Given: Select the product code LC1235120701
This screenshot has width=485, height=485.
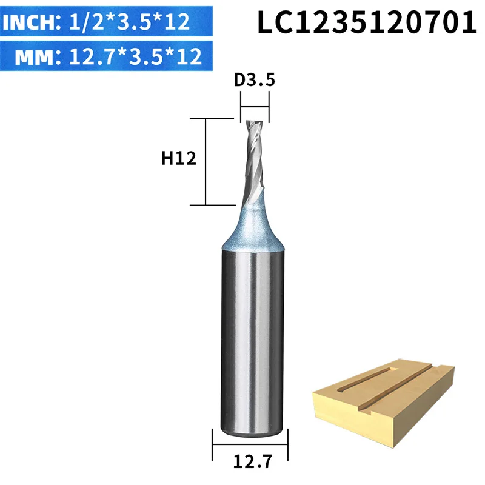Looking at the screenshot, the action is tap(367, 22).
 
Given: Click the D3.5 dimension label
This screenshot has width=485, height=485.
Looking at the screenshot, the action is tap(254, 80).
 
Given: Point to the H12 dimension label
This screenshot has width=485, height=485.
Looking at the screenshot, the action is tap(178, 159).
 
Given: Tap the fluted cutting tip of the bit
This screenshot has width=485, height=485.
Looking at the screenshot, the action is tap(254, 161).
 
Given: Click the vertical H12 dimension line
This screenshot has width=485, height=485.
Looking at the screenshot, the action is tap(206, 162).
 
